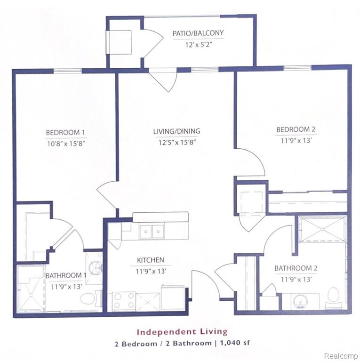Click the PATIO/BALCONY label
click(198, 33)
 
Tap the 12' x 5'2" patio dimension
click(199, 44)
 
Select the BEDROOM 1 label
click(65, 132)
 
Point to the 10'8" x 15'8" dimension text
click(66, 144)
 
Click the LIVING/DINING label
click(176, 131)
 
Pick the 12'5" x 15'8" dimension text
click(177, 142)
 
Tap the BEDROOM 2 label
click(296, 129)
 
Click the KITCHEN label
click(151, 260)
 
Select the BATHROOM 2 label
click(296, 268)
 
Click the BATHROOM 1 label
click(65, 276)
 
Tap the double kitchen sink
click(152, 231)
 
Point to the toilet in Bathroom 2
click(333, 297)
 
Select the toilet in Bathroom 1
click(90, 298)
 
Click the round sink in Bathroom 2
click(300, 301)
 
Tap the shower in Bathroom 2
click(322, 229)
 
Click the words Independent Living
click(182, 332)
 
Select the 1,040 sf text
click(235, 343)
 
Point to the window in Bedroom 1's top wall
click(68, 71)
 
